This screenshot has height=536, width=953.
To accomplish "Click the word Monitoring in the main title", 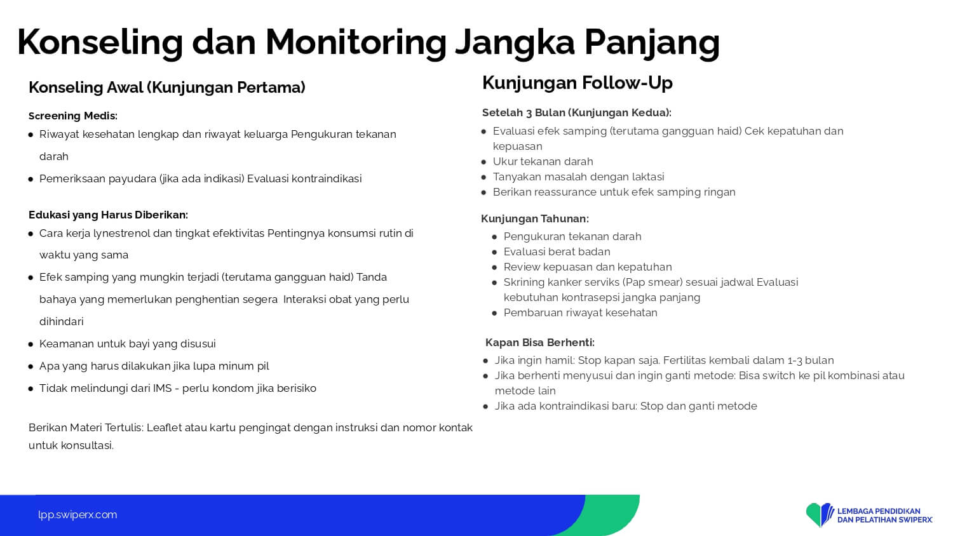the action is pyautogui.click(x=356, y=43).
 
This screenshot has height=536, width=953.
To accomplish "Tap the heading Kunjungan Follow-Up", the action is pyautogui.click(x=578, y=83).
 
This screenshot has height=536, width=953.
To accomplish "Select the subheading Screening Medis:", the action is pyautogui.click(x=73, y=116).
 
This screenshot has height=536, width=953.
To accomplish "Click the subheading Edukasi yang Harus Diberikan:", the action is pyautogui.click(x=108, y=215).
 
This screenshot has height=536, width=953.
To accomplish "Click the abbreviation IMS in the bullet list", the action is pyautogui.click(x=162, y=388).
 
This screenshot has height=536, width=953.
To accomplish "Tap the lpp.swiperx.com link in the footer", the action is pyautogui.click(x=78, y=515).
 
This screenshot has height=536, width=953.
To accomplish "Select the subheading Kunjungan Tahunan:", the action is pyautogui.click(x=535, y=218).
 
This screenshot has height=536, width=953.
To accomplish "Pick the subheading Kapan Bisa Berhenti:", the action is pyautogui.click(x=540, y=342).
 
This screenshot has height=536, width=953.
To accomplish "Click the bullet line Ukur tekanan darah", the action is pyautogui.click(x=543, y=162).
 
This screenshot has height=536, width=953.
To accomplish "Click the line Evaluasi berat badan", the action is pyautogui.click(x=557, y=252).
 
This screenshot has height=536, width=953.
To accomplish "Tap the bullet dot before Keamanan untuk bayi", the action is pyautogui.click(x=30, y=344).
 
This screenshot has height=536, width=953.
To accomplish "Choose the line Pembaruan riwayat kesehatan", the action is pyautogui.click(x=580, y=312).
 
